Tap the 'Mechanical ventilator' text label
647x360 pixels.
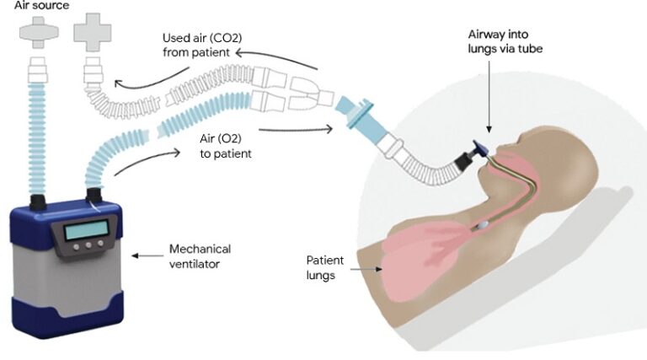point(200,255)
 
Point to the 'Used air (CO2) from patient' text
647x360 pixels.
point(199,47)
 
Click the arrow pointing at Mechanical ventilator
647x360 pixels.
point(148,255)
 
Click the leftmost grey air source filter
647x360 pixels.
point(36,38)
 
